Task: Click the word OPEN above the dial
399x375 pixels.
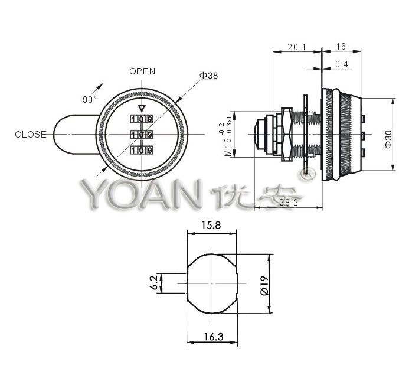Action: pos(142,71)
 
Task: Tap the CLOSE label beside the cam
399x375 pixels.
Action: pos(31,135)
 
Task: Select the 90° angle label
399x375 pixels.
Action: pos(90,100)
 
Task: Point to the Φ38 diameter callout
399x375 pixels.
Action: pos(209,76)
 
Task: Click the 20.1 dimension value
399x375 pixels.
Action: pos(296,47)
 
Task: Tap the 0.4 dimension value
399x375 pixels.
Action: pos(341,64)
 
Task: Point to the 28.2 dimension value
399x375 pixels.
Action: pos(288,203)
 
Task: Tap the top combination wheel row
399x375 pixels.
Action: pos(142,119)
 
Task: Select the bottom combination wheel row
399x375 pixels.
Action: pos(142,151)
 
